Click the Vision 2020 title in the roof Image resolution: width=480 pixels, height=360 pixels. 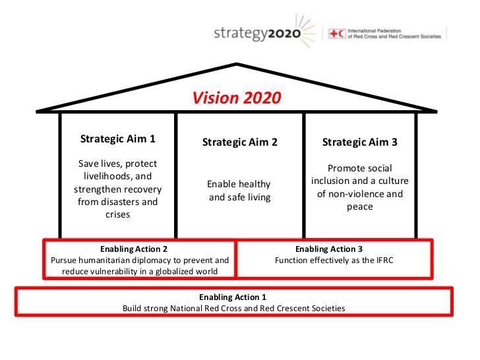tap(236, 98)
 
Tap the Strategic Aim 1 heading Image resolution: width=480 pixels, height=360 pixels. tap(117, 139)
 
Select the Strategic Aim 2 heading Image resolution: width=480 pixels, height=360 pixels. tap(240, 142)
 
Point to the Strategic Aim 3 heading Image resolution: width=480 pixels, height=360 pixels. tap(360, 142)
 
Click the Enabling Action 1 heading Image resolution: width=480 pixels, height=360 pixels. tap(233, 297)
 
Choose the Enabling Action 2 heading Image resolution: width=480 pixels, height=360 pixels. tap(134, 249)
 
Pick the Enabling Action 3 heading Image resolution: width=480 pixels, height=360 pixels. tap(329, 249)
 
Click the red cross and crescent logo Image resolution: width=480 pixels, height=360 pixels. tap(337, 34)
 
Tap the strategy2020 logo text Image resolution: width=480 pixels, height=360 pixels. tap(257, 34)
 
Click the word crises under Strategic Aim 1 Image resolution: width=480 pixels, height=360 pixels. tap(117, 214)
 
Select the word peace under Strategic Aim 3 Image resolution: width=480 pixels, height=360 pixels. tap(360, 207)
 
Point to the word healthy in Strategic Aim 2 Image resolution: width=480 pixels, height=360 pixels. tap(256, 185)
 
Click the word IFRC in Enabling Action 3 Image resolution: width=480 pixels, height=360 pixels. tap(385, 260)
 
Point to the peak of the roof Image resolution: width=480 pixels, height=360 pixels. tap(237, 64)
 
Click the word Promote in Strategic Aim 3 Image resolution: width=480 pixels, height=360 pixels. tap(343, 168)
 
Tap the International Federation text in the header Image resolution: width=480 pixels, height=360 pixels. tap(375, 31)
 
